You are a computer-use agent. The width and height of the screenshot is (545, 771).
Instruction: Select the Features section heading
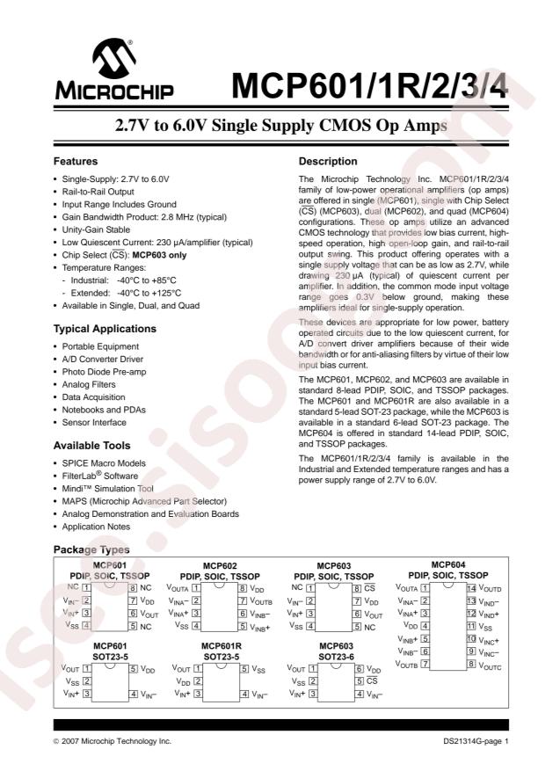pyautogui.click(x=76, y=162)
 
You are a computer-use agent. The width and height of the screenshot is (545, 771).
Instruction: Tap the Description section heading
pyautogui.click(x=327, y=162)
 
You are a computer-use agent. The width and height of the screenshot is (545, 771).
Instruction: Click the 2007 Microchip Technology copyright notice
pyautogui.click(x=116, y=742)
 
